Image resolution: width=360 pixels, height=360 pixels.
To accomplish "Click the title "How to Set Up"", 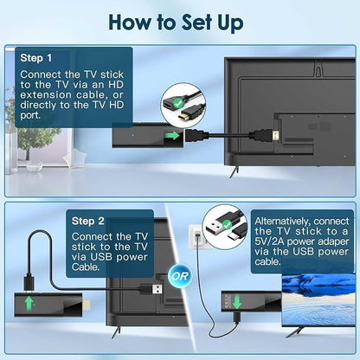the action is tap(177, 22).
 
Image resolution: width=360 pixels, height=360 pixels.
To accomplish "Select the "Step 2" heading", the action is tap(88, 221).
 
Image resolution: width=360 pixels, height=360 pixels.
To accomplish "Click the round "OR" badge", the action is tap(179, 276).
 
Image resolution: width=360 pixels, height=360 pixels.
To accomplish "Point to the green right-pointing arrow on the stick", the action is tap(173, 136).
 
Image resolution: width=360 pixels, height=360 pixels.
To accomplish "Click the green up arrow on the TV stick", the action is tap(29, 303).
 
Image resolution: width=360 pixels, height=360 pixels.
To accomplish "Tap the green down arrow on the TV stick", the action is tap(237, 301).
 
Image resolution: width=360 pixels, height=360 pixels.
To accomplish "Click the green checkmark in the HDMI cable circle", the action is tap(179, 102).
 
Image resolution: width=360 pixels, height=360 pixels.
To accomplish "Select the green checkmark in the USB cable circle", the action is tap(227, 224).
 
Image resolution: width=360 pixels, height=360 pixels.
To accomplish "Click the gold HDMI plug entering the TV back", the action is tap(276, 136).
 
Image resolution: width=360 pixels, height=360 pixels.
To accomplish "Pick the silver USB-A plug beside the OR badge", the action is tap(157, 289).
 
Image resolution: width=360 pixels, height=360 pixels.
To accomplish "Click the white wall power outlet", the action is tap(196, 236).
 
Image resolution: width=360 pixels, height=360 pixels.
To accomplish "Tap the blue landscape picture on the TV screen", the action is tap(318, 299).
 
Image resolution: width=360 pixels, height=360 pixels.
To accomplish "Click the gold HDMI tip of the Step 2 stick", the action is tap(87, 304).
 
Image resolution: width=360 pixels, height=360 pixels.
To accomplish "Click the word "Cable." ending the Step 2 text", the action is tap(86, 267).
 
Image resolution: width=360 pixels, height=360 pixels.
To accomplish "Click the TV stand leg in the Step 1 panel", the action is tap(234, 172).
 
